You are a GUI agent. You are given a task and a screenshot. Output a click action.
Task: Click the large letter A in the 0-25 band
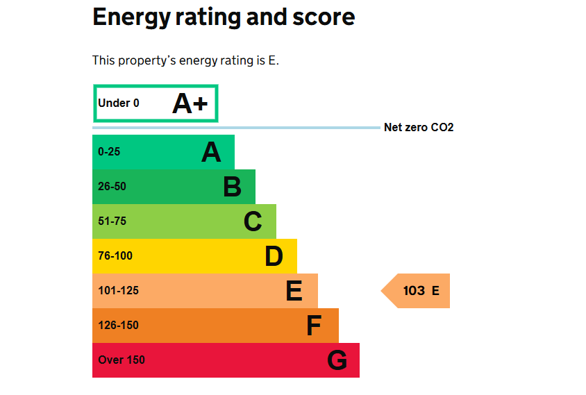tap(211, 152)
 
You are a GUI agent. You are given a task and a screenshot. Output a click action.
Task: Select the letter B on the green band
tap(232, 187)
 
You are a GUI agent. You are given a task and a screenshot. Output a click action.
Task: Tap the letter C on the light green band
tap(253, 221)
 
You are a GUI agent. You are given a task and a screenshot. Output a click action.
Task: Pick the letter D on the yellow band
tap(274, 256)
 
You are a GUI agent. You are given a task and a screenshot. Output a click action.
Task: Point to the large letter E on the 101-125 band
tap(294, 291)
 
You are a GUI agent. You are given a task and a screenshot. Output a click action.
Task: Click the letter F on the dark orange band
tap(315, 326)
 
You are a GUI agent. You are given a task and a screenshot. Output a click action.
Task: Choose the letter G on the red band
tap(337, 360)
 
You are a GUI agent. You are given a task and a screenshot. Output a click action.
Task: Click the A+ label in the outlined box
tap(190, 103)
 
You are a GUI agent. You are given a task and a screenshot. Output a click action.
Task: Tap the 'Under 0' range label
tap(119, 103)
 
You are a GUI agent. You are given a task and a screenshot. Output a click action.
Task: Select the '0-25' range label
tap(109, 152)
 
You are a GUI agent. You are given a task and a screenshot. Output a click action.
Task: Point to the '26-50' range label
tap(112, 187)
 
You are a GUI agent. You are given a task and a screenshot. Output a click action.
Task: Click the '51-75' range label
tap(112, 221)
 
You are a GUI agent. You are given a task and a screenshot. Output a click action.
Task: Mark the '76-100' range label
tap(115, 256)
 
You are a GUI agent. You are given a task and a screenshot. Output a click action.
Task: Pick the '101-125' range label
tap(118, 291)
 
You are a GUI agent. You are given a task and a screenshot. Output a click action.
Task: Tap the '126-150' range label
tap(118, 326)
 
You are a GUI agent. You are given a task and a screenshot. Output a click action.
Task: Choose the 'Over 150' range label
tap(122, 360)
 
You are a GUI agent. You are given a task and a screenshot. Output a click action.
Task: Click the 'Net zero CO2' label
tap(419, 128)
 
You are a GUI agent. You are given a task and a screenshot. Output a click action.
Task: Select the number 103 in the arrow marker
tap(414, 291)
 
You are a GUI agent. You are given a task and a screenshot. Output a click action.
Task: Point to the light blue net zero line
tap(236, 128)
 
